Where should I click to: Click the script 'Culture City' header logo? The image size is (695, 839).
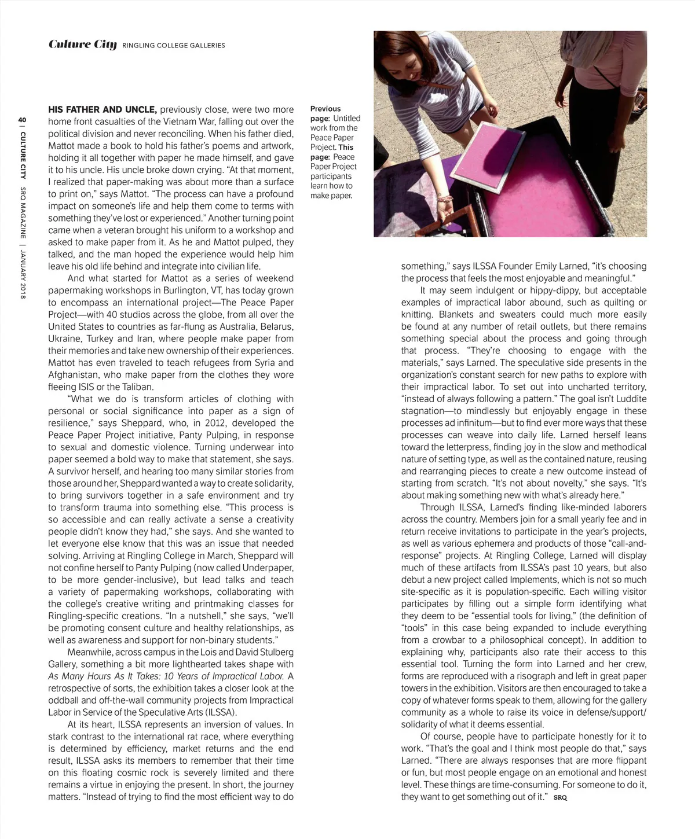[82, 45]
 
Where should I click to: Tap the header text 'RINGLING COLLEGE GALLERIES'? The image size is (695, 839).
[174, 46]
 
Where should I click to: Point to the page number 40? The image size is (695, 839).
[23, 120]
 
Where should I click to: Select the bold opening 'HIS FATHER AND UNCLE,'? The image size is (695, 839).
[102, 109]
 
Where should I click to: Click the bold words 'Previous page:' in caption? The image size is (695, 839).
[325, 113]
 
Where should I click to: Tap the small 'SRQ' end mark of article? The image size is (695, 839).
[560, 798]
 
